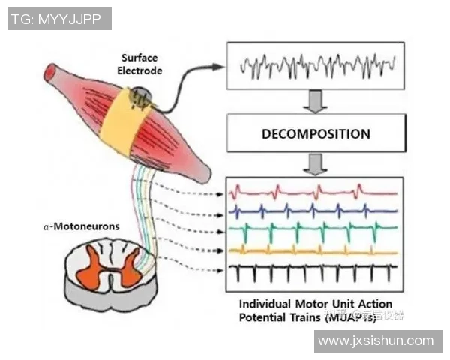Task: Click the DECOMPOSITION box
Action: [x=315, y=135]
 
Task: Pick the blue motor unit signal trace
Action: [x=315, y=211]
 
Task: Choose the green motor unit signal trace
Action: [x=315, y=229]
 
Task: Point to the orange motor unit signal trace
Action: [x=315, y=249]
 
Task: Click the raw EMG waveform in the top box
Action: [x=315, y=65]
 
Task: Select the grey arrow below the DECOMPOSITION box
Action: [x=316, y=163]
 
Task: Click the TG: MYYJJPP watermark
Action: [x=59, y=19]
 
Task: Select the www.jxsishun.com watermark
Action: [x=376, y=340]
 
